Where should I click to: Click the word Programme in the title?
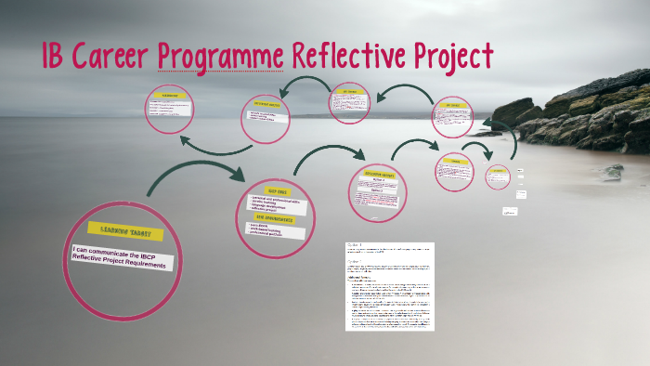(220, 57)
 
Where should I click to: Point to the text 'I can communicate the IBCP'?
(120, 252)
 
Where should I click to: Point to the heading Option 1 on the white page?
(355, 247)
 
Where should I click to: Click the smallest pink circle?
(498, 176)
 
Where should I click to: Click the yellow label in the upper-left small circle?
(170, 95)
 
